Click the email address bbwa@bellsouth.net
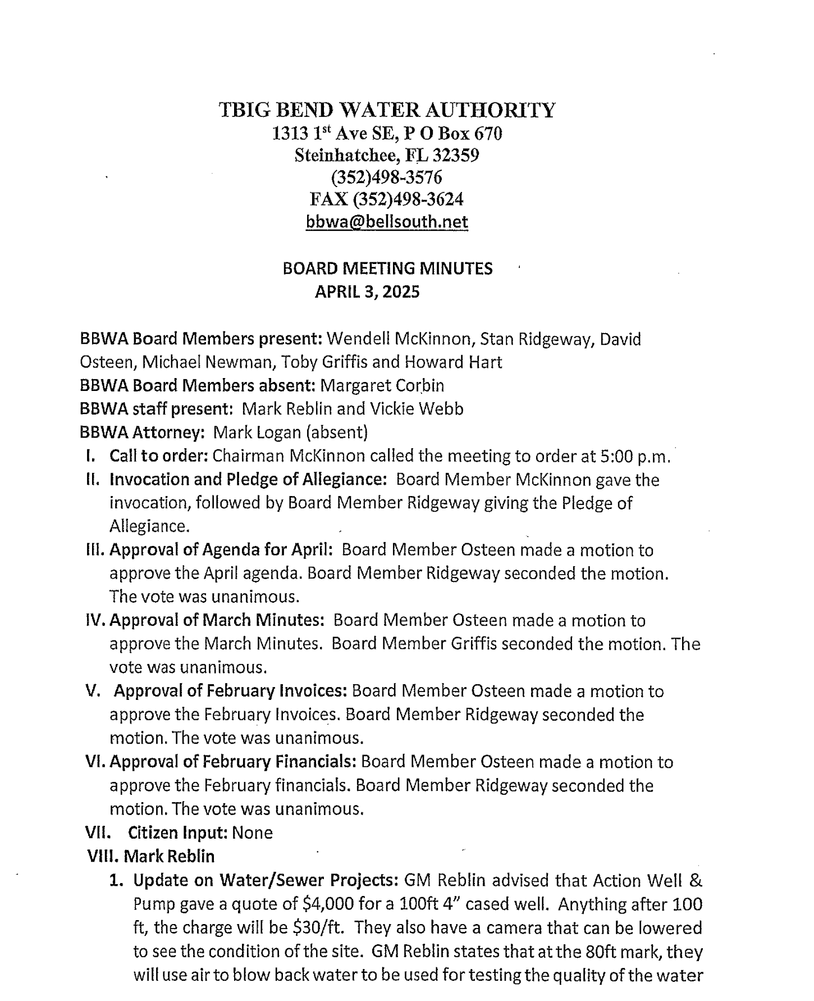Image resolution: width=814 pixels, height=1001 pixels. (x=387, y=222)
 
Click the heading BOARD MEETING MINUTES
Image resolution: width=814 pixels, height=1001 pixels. (x=387, y=269)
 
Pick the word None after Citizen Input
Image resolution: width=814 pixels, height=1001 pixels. (x=252, y=832)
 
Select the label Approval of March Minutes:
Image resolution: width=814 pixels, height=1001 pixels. (x=217, y=620)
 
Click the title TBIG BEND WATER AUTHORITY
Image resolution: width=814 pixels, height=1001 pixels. (x=387, y=110)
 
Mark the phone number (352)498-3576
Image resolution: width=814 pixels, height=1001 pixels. (x=387, y=178)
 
